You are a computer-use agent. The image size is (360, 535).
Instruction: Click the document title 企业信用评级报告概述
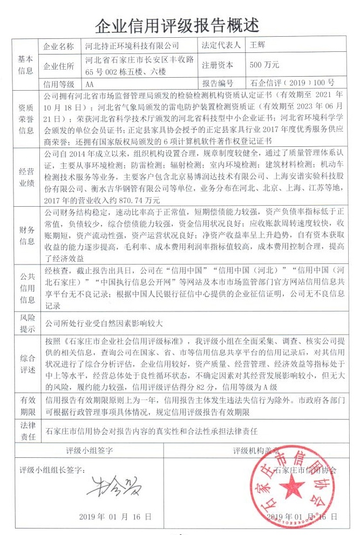[x=178, y=25]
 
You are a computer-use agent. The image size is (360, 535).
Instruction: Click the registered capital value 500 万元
[x=264, y=65]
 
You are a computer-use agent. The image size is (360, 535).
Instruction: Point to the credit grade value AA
[x=90, y=84]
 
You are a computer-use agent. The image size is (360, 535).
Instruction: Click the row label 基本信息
[x=26, y=65]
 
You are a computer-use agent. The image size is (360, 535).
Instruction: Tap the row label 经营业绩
[x=26, y=177]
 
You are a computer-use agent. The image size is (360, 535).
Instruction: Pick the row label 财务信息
[x=26, y=236]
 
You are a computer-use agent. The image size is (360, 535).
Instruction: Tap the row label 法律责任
[x=26, y=431]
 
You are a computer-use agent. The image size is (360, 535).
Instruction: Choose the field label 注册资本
[x=218, y=65]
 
